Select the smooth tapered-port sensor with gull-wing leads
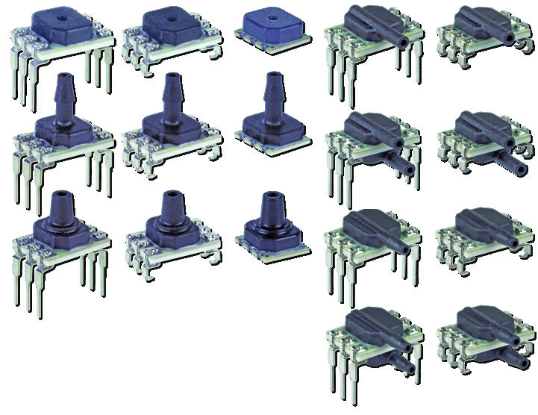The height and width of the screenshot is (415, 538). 171,224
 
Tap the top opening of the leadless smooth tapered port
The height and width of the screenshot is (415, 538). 269,196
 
